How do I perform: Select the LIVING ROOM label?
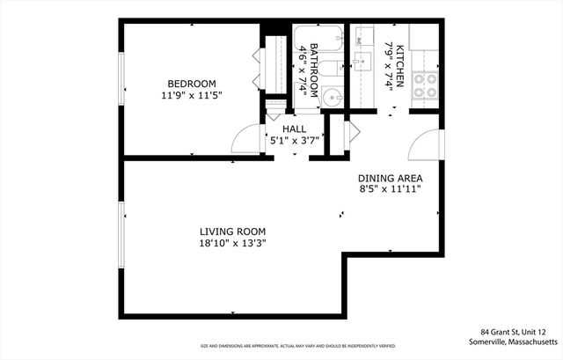click(232, 231)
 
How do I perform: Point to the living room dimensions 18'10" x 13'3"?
click(232, 243)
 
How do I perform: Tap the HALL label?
click(294, 129)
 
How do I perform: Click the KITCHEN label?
click(399, 67)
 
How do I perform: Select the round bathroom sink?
click(331, 98)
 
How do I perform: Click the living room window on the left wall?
click(121, 233)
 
